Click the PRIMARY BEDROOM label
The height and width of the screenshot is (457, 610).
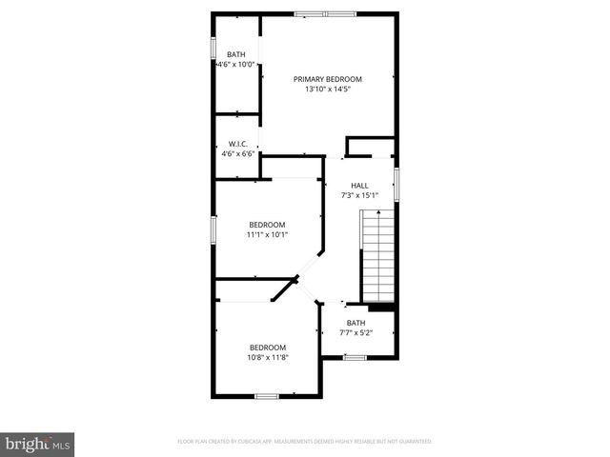pos(328,79)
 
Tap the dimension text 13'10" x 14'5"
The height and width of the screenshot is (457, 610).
pos(328,89)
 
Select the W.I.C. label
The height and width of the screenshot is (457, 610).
pos(237,144)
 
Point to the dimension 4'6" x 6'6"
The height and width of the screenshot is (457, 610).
pos(237,153)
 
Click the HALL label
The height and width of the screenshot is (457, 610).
pos(359,186)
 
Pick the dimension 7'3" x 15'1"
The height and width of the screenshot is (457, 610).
pos(359,195)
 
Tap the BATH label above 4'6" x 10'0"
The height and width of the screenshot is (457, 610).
pos(234,54)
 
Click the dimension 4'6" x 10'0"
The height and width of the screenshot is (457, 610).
pos(234,65)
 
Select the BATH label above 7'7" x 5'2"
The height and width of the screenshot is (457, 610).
pos(355,323)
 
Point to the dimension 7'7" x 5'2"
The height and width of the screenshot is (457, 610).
pos(355,332)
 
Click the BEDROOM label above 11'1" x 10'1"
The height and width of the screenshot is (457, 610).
pos(267,224)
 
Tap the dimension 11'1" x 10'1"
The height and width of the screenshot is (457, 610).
pos(267,234)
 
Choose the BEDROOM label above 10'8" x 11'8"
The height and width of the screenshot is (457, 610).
pos(268,348)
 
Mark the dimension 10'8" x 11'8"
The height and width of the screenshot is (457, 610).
pos(268,358)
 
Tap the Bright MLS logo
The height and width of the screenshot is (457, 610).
pos(38,443)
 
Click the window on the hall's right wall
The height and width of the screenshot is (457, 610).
pos(396,183)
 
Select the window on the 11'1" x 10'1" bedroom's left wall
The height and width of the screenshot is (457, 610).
pos(213,228)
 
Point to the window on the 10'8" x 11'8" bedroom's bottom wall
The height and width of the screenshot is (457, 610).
pos(267,395)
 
